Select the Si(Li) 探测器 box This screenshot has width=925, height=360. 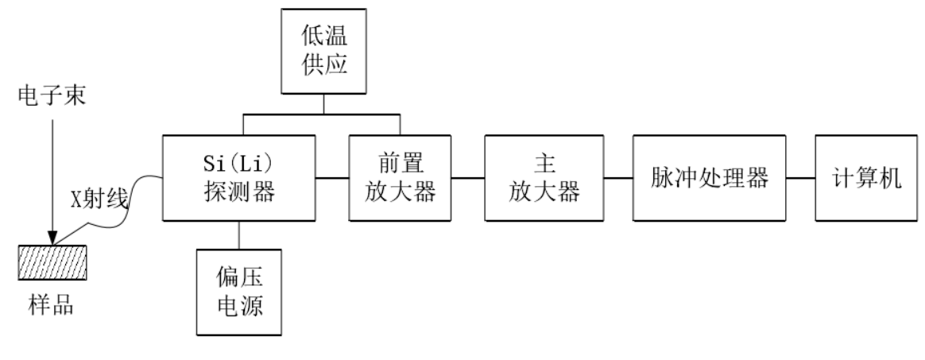(x=239, y=177)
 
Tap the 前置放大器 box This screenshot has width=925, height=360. (x=401, y=177)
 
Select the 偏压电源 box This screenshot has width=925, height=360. (x=239, y=290)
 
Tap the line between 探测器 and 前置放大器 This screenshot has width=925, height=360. (x=332, y=177)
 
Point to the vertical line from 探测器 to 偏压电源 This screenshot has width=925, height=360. (x=239, y=234)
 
